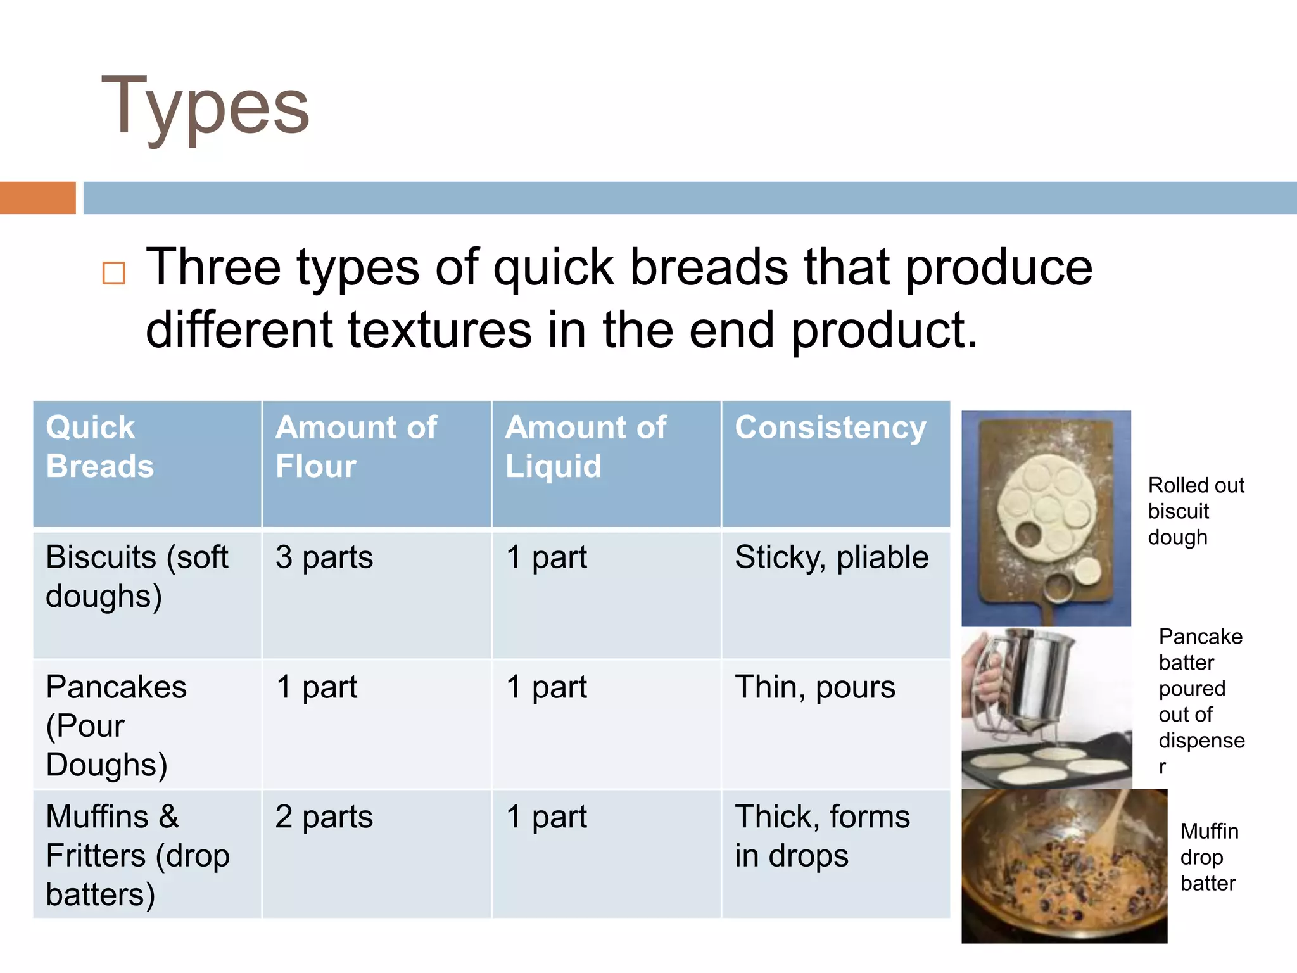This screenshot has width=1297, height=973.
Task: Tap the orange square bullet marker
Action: (114, 273)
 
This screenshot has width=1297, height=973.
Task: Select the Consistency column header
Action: (830, 428)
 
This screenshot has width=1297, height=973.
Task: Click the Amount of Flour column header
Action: (356, 447)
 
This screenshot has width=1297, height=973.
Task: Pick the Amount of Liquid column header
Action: (585, 447)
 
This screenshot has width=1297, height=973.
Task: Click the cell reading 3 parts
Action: (324, 558)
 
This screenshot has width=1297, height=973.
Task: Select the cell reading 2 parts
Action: (324, 817)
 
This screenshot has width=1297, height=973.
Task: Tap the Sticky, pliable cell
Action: (832, 558)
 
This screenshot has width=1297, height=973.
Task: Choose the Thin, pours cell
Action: (815, 687)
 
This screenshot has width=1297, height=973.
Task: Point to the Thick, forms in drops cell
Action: (821, 836)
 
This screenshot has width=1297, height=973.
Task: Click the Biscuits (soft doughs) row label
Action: (137, 576)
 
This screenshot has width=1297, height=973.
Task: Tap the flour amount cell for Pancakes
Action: (317, 687)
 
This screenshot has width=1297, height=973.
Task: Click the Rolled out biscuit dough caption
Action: (1195, 511)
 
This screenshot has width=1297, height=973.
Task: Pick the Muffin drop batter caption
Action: (1208, 857)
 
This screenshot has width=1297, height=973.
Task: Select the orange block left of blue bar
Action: (37, 198)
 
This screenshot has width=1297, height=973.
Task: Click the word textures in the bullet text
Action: (440, 331)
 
